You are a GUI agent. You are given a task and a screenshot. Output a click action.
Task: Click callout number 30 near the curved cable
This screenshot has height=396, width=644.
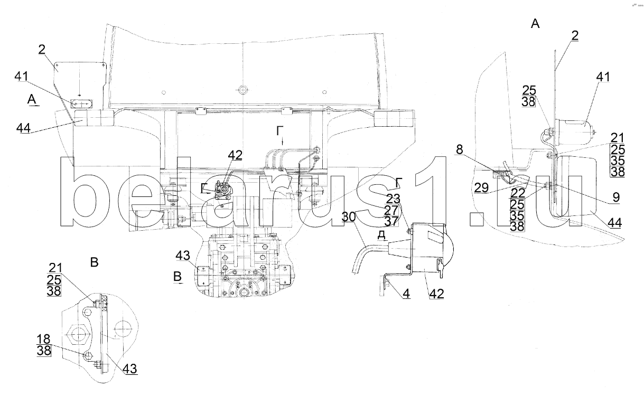point(349,216)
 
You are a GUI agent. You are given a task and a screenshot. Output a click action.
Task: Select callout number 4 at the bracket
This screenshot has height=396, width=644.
point(406,294)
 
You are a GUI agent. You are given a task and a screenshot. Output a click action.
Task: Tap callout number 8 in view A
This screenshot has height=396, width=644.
point(460,149)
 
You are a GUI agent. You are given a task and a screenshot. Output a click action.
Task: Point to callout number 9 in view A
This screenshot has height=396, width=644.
point(616,197)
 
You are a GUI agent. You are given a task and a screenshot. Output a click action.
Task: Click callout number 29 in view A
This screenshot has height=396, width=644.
point(482,188)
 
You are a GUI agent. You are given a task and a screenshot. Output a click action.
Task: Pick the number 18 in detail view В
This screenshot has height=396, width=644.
point(44,339)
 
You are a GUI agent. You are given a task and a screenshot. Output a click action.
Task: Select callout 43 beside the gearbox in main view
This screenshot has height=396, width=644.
point(183,256)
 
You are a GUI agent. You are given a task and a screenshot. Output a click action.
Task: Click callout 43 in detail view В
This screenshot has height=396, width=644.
point(129,369)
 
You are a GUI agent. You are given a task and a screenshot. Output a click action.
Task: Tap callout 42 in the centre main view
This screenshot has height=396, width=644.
point(235,155)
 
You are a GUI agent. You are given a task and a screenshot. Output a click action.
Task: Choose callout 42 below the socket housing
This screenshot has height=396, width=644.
point(436,294)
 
